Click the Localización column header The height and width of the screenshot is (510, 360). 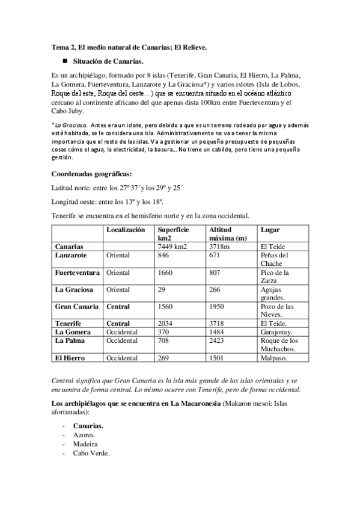pos(126,230)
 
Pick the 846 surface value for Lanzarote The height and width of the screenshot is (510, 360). pos(163,255)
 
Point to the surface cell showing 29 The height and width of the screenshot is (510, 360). pos(161,289)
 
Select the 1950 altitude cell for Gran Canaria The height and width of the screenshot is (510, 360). pos(217,307)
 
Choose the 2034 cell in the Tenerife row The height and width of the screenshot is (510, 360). pos(165,324)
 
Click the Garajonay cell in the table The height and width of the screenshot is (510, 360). pos(276,332)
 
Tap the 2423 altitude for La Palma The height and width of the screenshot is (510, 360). pos(217,340)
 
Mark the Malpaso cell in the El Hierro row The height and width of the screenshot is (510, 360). pos(274,358)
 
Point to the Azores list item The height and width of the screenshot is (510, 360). pos(84,434)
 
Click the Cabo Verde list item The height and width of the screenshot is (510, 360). pos(91,453)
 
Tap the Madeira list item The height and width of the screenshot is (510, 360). pos(85,444)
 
